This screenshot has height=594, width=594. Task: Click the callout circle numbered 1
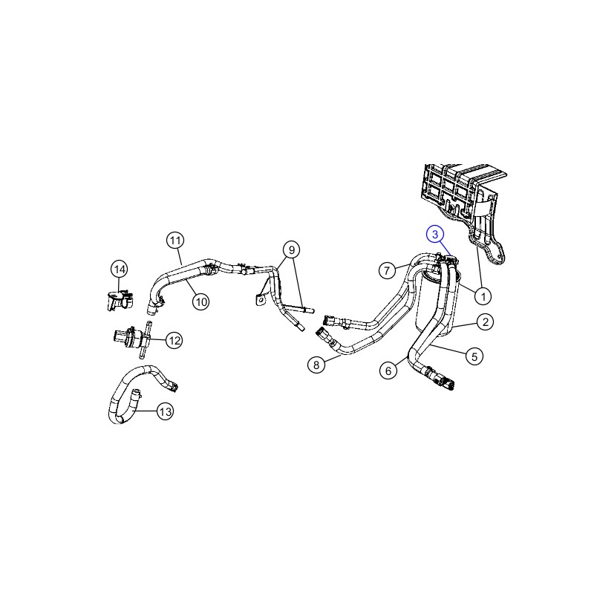(x=483, y=296)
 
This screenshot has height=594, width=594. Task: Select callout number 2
(x=486, y=322)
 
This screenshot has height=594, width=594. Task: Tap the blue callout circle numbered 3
(x=435, y=235)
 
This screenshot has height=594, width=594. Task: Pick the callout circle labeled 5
(x=474, y=356)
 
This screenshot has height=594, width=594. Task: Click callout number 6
(x=388, y=371)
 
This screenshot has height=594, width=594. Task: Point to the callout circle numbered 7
(x=387, y=270)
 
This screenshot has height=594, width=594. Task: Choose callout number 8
(x=316, y=365)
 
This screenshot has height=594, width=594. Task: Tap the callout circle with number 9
(x=291, y=250)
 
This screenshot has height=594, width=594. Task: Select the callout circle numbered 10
(x=200, y=302)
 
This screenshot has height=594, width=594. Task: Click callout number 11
(x=175, y=240)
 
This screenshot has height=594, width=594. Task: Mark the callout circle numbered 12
(x=174, y=340)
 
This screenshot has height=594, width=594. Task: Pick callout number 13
(x=166, y=411)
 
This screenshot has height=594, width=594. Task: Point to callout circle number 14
(x=120, y=270)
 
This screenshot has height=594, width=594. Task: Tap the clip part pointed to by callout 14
(x=118, y=299)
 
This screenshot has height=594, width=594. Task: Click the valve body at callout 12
(x=131, y=337)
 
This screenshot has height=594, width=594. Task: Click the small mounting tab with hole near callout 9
(x=259, y=299)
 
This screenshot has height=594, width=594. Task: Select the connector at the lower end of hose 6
(x=440, y=378)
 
